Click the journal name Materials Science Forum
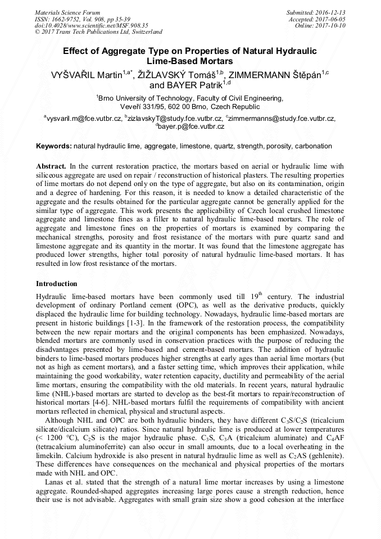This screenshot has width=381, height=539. point(67,12)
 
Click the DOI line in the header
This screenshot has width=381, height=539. point(91,25)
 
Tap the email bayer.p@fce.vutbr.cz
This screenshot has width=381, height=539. point(191,127)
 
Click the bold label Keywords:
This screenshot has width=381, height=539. point(53,146)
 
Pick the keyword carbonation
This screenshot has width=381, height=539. point(314,146)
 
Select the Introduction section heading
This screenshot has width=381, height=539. point(57,284)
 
